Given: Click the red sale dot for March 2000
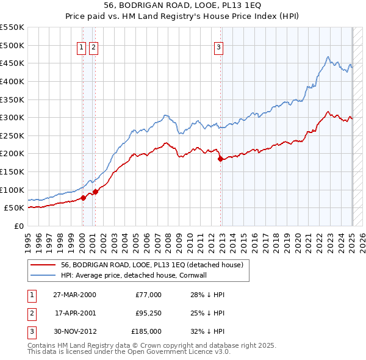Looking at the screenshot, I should point(83,198).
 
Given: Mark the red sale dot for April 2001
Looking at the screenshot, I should point(95,192).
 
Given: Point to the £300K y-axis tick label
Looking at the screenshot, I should point(12,117).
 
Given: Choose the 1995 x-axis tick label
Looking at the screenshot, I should point(28,240).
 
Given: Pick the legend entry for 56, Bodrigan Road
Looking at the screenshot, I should point(152,265).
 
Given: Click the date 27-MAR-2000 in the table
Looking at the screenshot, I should point(74,295).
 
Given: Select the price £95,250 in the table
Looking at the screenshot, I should point(148,313).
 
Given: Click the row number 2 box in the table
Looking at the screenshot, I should point(32,313).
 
